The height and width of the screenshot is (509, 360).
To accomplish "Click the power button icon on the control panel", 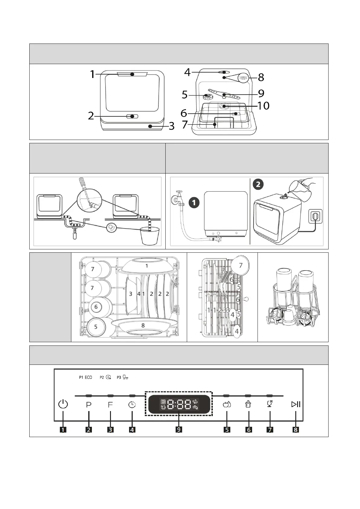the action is click(63, 404).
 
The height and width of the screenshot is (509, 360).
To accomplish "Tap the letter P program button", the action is click(89, 405).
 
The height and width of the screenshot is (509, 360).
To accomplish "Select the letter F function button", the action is click(110, 405).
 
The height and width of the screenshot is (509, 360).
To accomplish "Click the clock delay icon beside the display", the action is click(132, 405).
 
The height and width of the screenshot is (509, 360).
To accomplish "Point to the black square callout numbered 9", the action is click(179, 430).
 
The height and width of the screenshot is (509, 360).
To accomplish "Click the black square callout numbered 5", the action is click(227, 430).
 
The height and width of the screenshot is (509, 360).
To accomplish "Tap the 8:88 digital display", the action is click(179, 404).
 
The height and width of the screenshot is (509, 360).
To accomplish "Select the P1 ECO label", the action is click(86, 378).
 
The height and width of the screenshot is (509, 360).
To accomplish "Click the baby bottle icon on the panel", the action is click(248, 404).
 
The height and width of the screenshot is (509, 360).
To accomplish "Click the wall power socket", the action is click(315, 216).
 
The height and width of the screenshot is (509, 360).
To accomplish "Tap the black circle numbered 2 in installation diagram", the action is click(258, 184).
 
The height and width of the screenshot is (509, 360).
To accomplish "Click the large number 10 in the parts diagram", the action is click(263, 106).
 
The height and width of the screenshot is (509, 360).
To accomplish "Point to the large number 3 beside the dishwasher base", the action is click(171, 126).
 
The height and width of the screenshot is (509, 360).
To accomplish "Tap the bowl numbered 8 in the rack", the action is click(143, 325).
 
